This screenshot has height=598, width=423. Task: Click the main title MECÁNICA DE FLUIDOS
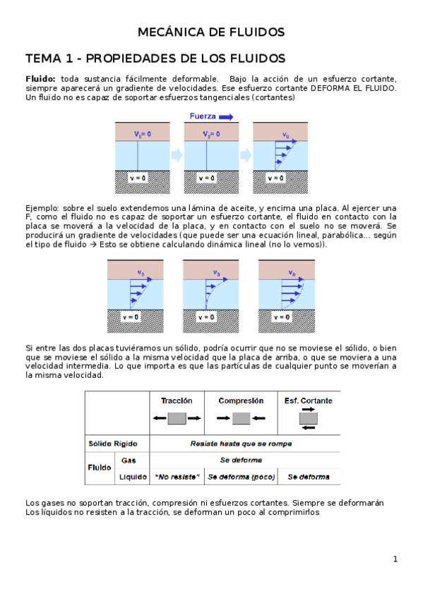click(x=211, y=32)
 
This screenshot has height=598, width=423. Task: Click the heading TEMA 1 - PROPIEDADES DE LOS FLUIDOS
click(x=155, y=58)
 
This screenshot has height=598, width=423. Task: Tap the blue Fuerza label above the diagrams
click(x=203, y=117)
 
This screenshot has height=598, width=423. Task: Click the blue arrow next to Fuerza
click(x=226, y=117)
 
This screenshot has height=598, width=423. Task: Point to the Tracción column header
click(x=177, y=401)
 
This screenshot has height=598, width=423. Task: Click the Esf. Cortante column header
click(x=308, y=401)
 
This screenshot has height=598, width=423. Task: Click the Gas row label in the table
click(x=129, y=460)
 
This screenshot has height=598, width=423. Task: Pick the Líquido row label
click(x=131, y=477)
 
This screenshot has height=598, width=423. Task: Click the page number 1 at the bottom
click(x=396, y=559)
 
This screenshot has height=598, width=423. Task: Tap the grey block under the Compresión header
click(x=242, y=418)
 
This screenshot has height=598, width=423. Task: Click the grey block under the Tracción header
click(x=177, y=418)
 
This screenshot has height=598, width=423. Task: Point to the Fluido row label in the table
click(x=99, y=468)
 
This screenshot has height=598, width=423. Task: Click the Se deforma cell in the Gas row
click(x=241, y=460)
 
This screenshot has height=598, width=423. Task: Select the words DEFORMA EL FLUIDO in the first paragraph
click(x=358, y=89)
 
